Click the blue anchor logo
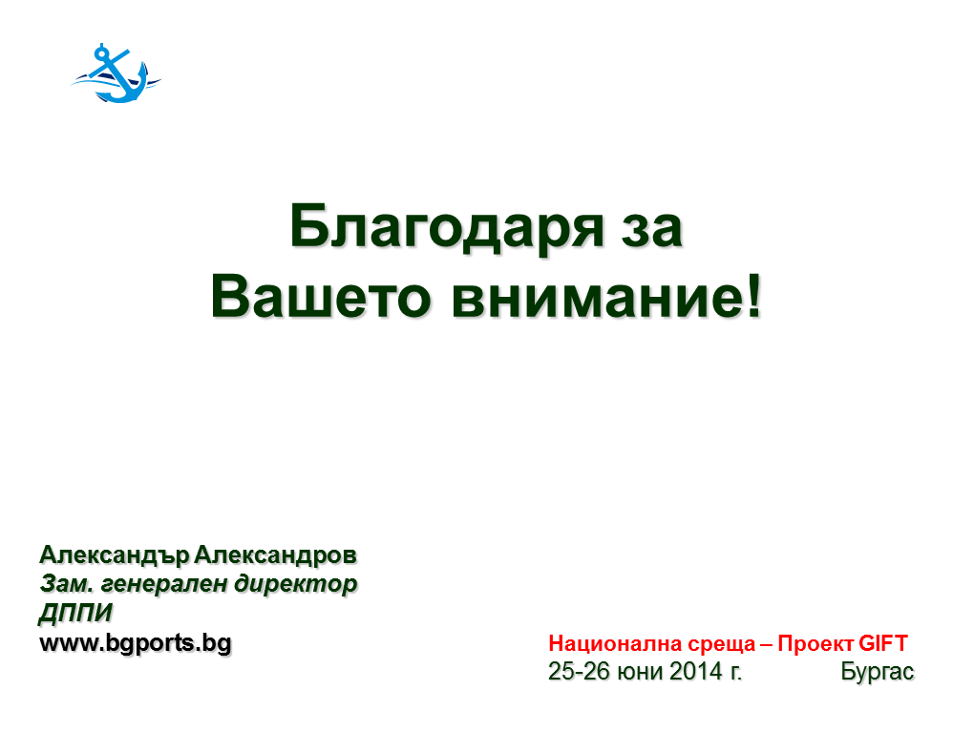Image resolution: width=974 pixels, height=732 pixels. click(x=116, y=73)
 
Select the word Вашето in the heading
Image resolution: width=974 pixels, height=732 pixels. click(x=321, y=298)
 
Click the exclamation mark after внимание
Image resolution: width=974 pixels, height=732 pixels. click(x=753, y=296)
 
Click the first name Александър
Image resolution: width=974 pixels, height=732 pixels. click(x=115, y=555)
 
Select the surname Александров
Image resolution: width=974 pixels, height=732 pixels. click(x=276, y=555)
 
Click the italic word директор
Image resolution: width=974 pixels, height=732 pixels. click(x=296, y=585)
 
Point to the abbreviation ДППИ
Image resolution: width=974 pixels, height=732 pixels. click(x=76, y=613)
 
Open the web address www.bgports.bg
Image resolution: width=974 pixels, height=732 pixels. click(x=136, y=643)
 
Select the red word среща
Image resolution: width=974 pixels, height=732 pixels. click(x=721, y=645)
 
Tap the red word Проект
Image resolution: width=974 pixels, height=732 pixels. click(x=815, y=644)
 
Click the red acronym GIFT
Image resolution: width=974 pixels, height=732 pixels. click(x=882, y=643)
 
